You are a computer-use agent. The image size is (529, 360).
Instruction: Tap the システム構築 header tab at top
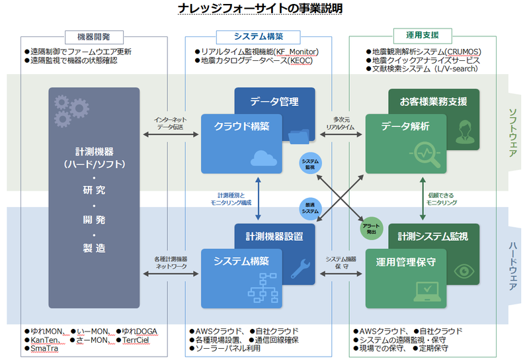(x=258, y=37)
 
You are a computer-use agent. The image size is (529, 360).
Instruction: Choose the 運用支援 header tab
(x=423, y=35)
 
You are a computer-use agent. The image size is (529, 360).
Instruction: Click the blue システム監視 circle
(x=309, y=164)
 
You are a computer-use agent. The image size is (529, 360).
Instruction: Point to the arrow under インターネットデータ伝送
(x=171, y=135)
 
